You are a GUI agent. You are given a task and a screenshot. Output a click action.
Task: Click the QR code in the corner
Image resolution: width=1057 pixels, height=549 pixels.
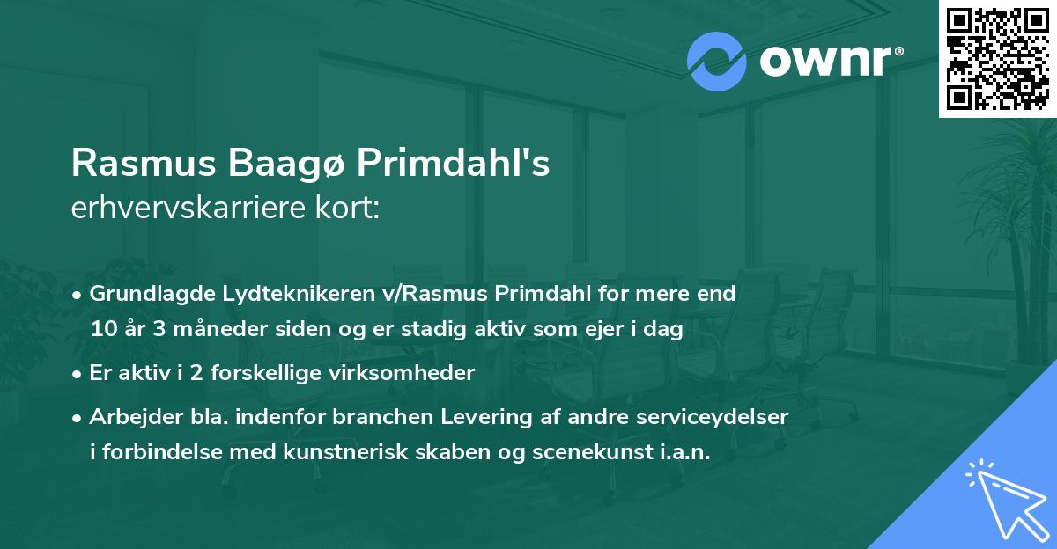point(997,58)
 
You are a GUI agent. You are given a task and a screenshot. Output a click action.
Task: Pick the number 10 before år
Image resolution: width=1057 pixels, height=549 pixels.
point(101,329)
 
